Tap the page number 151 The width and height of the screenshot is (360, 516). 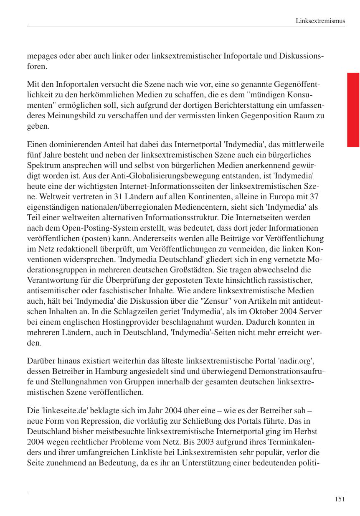coord(340,499)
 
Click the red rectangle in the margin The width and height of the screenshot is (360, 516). coord(353,109)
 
